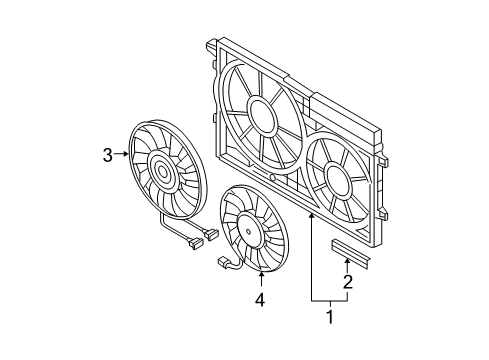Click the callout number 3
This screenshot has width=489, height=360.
[107, 155]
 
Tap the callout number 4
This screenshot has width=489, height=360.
[260, 300]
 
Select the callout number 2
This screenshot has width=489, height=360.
[348, 282]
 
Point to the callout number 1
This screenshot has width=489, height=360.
[330, 317]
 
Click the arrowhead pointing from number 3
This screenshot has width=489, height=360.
[126, 154]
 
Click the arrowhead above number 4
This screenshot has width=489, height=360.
[261, 275]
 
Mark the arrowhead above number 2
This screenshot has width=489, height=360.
[348, 261]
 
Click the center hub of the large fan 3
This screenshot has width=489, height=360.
[162, 172]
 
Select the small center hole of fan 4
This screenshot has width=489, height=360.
[249, 231]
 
